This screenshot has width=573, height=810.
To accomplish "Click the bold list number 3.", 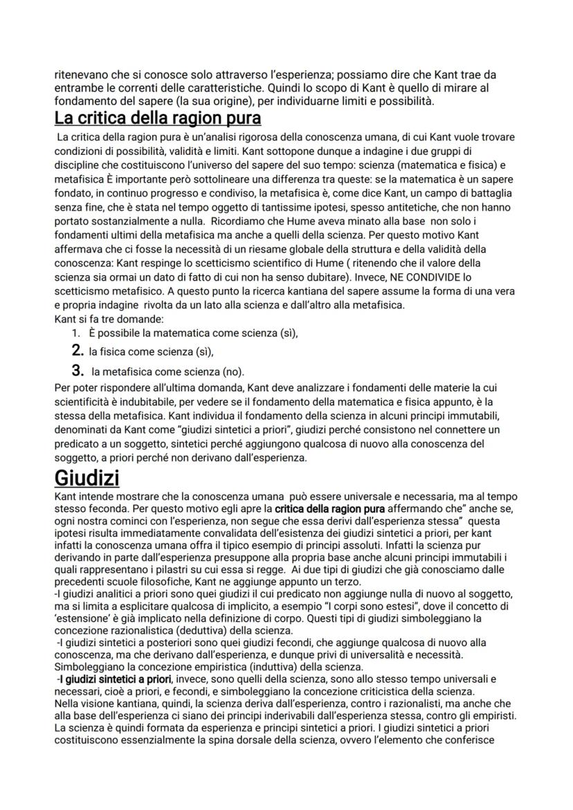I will tap(78, 371).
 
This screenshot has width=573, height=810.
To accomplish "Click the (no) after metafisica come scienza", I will tap(235, 371).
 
